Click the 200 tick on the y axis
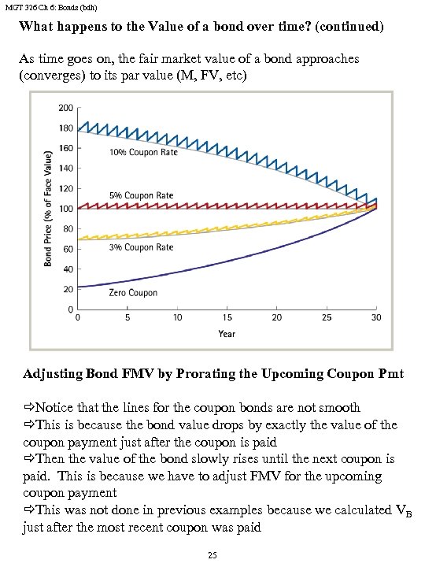pyautogui.click(x=65, y=107)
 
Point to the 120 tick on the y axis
pyautogui.click(x=65, y=188)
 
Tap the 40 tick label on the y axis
pyautogui.click(x=68, y=269)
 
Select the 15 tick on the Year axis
pyautogui.click(x=227, y=317)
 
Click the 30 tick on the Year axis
pyautogui.click(x=376, y=317)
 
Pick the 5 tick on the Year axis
pyautogui.click(x=127, y=317)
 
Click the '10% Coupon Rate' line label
pyautogui.click(x=142, y=153)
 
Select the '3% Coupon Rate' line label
pyautogui.click(x=140, y=247)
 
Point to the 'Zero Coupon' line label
pyautogui.click(x=133, y=293)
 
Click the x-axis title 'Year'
pyautogui.click(x=227, y=333)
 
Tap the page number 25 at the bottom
pyautogui.click(x=211, y=555)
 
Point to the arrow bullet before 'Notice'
pyautogui.click(x=29, y=408)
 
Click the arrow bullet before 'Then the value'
pyautogui.click(x=29, y=459)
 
